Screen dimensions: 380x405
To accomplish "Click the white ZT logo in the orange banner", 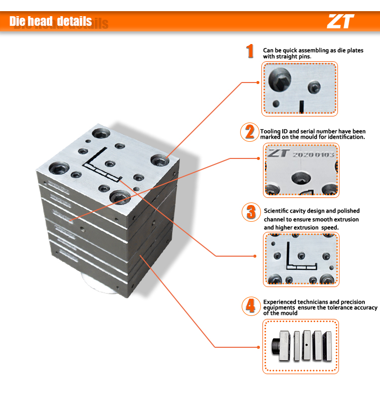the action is point(340,21).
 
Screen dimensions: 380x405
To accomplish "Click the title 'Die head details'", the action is point(51,21).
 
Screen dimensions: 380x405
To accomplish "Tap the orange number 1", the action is point(250,51).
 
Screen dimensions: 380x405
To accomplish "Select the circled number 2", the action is point(250,132).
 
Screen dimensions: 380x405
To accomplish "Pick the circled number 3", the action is point(251,212).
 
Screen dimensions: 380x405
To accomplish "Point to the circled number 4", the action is point(251,306).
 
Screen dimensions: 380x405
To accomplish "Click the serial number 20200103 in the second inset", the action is point(313,154).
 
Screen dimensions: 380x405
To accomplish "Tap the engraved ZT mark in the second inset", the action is point(278,153).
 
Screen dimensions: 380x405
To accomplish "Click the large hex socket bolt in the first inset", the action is point(280,80).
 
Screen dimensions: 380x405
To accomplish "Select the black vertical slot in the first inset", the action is point(301,107).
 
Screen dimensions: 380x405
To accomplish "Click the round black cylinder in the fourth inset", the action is point(276,346).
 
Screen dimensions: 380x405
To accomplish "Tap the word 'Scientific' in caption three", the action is point(276,211).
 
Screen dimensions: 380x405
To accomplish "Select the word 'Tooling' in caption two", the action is point(271,131).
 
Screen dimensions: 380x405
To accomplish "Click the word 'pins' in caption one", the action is point(305,57).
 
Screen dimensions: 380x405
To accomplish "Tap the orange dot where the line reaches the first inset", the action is point(258,83).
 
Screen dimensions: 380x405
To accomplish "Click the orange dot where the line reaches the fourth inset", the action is point(259,347).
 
